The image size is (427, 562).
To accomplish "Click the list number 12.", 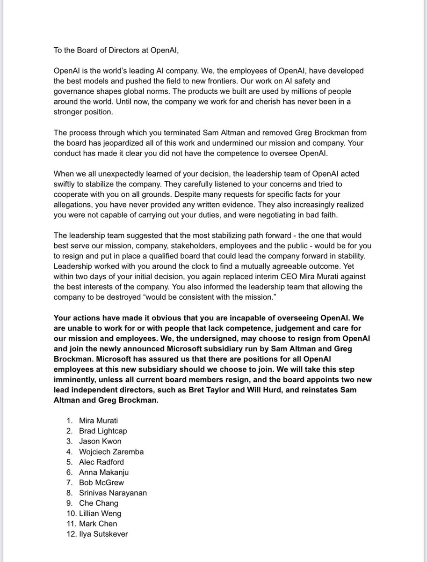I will pos(71,534).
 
